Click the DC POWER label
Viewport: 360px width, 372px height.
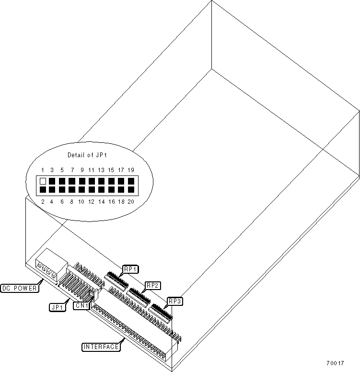20,289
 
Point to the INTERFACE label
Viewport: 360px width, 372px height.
101,347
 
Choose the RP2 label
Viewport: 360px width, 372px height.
153,285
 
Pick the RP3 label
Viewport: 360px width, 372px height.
174,302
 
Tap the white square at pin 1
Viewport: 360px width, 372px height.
43,181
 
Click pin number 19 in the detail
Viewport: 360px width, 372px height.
131,170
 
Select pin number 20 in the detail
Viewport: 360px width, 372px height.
131,202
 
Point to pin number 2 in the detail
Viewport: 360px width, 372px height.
42,202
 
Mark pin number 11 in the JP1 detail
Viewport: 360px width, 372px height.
91,170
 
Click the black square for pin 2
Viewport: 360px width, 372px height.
43,190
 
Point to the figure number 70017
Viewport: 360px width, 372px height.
336,363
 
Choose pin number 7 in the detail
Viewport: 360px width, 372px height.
72,170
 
